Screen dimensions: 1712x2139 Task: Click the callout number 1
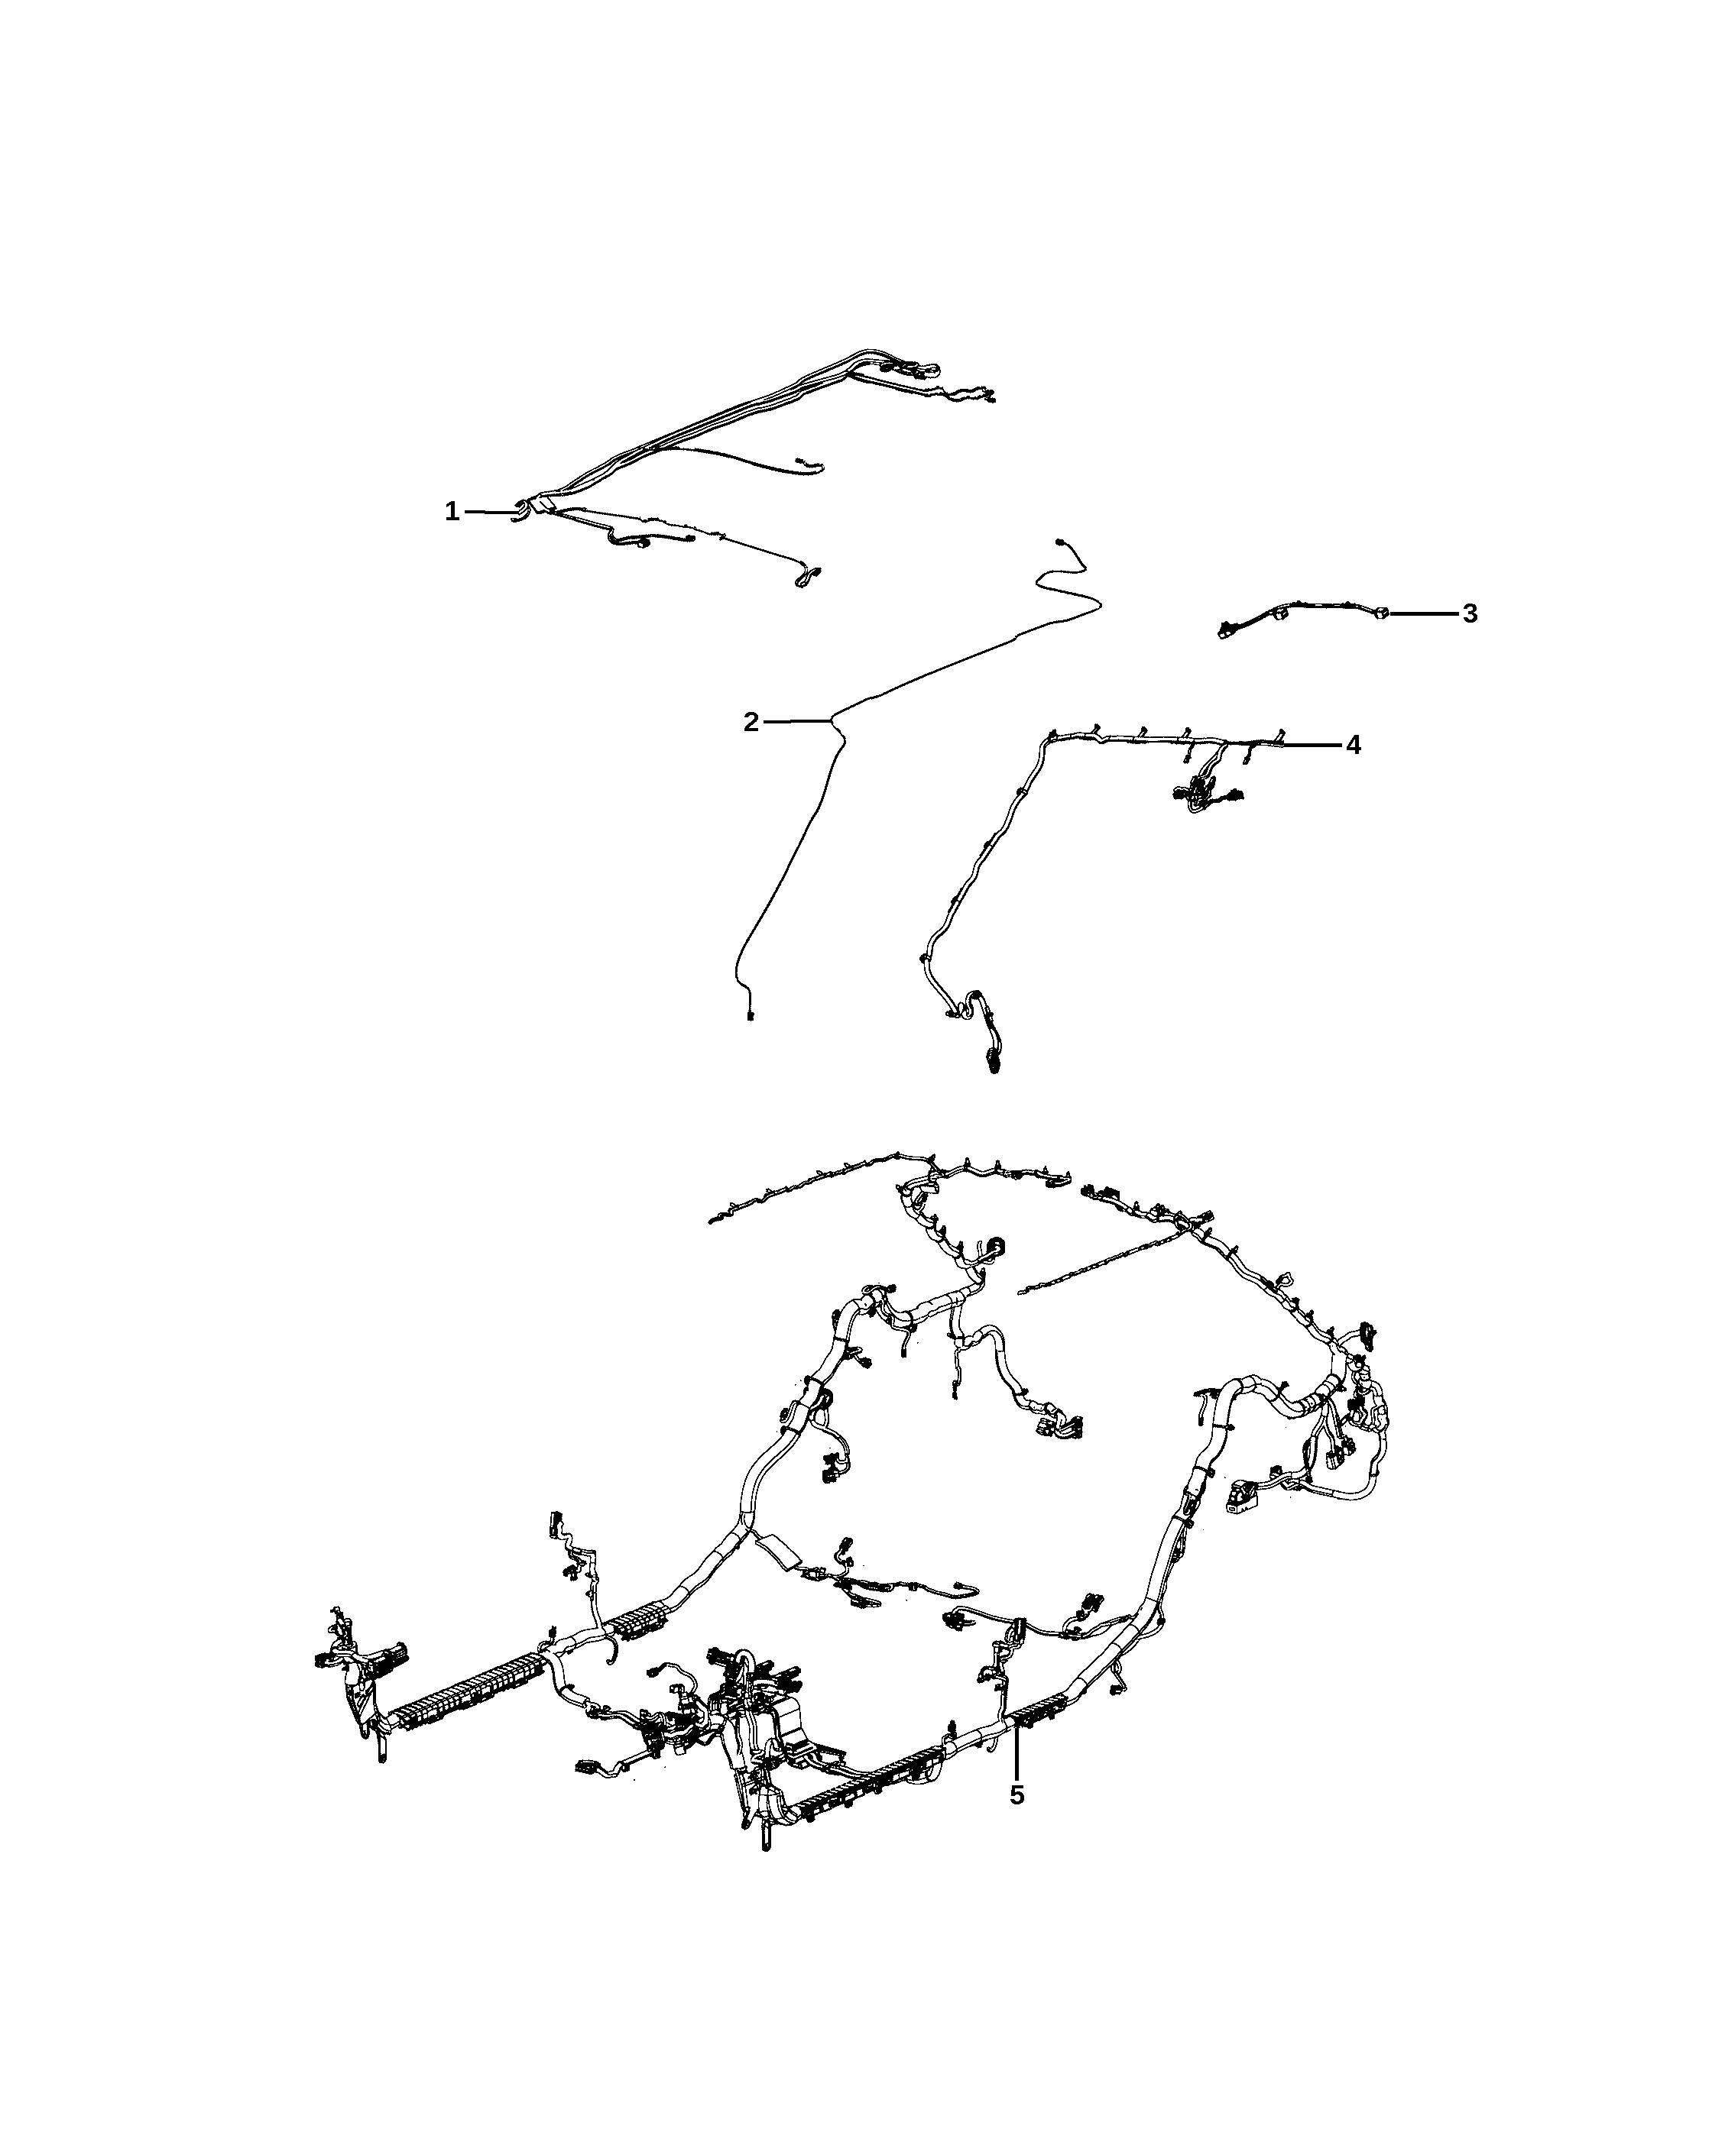(x=452, y=512)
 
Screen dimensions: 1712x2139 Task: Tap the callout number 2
(x=751, y=722)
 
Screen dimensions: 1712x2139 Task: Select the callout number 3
(x=1470, y=614)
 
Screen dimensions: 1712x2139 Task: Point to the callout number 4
(x=1354, y=745)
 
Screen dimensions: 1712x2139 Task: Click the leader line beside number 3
(x=1423, y=614)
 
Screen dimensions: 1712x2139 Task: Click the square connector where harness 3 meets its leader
(x=1382, y=614)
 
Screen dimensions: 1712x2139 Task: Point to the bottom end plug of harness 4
(x=994, y=1066)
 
